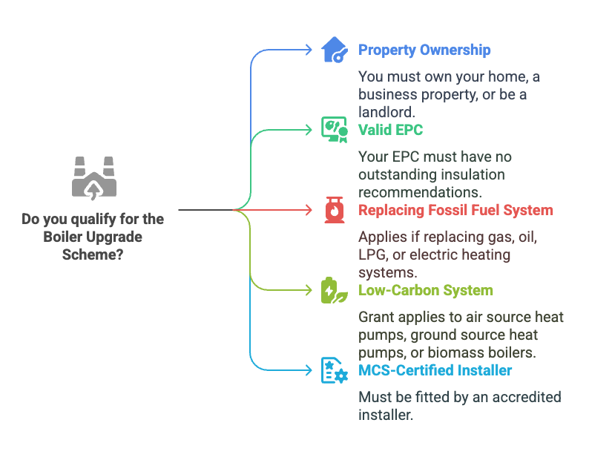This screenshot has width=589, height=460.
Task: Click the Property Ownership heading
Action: pyautogui.click(x=424, y=50)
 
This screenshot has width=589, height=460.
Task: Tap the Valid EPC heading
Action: pyautogui.click(x=390, y=130)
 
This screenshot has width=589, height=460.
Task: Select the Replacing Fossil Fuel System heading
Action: pyautogui.click(x=455, y=210)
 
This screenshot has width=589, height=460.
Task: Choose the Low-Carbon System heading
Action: pyautogui.click(x=426, y=290)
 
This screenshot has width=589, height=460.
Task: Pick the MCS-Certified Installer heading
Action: pyautogui.click(x=435, y=370)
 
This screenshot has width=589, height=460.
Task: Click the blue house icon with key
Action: pyautogui.click(x=334, y=50)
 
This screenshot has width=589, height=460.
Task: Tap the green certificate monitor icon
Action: pyautogui.click(x=335, y=130)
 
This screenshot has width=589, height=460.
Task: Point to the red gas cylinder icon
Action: pyautogui.click(x=335, y=210)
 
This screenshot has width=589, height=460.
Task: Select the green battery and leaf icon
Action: pyautogui.click(x=335, y=290)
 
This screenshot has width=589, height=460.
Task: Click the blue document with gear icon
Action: pyautogui.click(x=335, y=370)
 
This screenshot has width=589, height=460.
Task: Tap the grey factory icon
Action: pyautogui.click(x=94, y=178)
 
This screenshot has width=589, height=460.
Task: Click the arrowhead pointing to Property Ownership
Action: pyautogui.click(x=309, y=50)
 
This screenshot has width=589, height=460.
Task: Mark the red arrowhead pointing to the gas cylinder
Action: pyautogui.click(x=309, y=210)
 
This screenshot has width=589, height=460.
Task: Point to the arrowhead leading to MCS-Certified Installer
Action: pyautogui.click(x=309, y=370)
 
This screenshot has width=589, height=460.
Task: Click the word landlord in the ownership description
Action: pyautogui.click(x=386, y=112)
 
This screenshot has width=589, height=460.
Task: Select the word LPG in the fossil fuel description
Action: pyautogui.click(x=372, y=254)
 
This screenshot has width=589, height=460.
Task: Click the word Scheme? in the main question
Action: pyautogui.click(x=93, y=254)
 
